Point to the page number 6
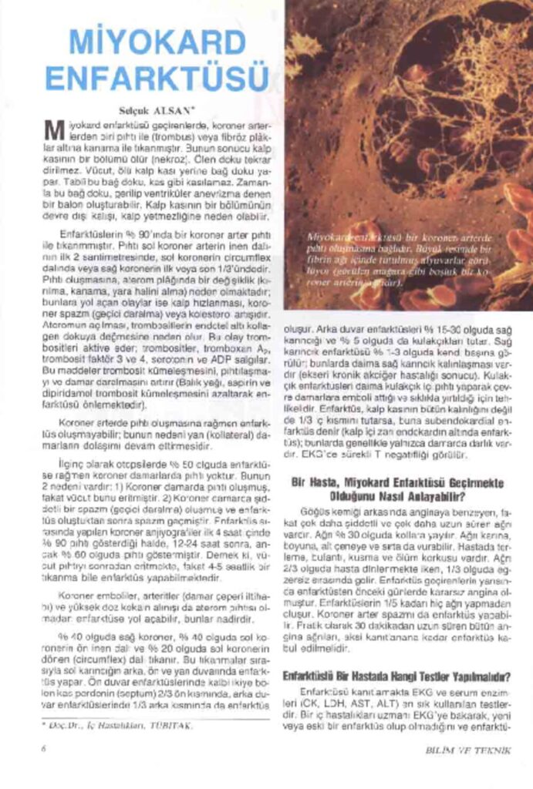tap(45, 747)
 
